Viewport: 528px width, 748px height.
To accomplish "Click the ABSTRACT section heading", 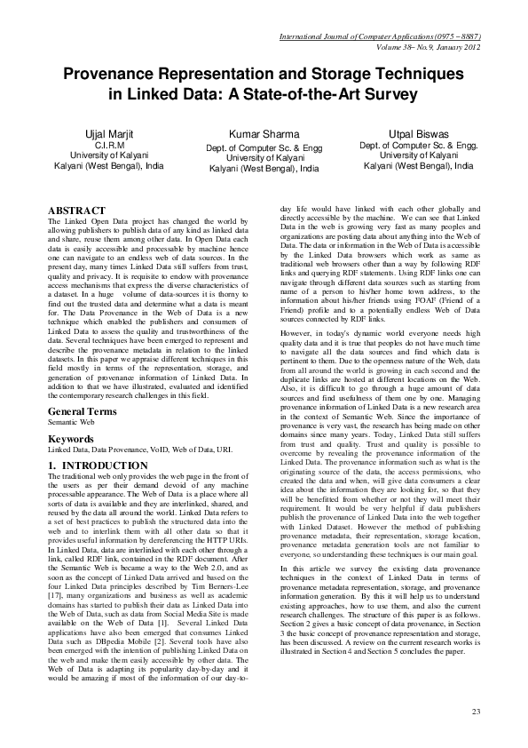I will coord(75,210).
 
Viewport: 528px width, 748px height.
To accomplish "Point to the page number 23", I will coord(476,712).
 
